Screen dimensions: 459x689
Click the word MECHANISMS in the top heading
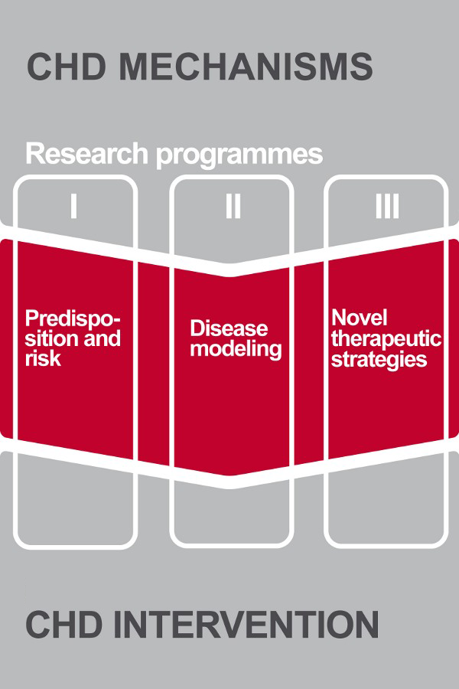(x=246, y=67)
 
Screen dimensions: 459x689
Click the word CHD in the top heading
(x=67, y=67)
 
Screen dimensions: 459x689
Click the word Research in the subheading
(x=87, y=153)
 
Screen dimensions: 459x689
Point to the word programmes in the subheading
(x=239, y=156)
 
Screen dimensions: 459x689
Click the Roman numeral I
(x=73, y=206)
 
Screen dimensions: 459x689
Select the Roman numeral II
(x=233, y=206)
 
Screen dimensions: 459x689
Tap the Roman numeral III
(x=387, y=206)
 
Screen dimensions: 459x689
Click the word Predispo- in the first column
(x=73, y=319)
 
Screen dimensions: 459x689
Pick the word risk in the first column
(x=43, y=358)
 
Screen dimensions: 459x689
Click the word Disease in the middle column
(x=229, y=328)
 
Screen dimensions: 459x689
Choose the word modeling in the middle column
(x=236, y=350)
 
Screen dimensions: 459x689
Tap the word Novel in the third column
(x=360, y=317)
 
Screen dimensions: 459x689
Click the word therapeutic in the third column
(x=386, y=339)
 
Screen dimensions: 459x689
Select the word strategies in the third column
(x=379, y=360)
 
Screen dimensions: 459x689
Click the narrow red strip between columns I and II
(x=153, y=364)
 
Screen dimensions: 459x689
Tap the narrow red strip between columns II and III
(x=309, y=364)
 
